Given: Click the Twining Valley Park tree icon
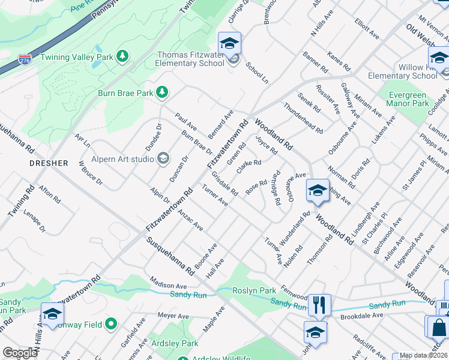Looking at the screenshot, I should coord(122,56).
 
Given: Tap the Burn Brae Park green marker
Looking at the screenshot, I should coord(161,92).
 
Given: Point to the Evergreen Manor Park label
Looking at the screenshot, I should coord(407,99).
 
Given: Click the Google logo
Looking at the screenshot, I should coord(20,353).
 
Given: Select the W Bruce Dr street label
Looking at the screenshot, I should coord(91,173).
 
